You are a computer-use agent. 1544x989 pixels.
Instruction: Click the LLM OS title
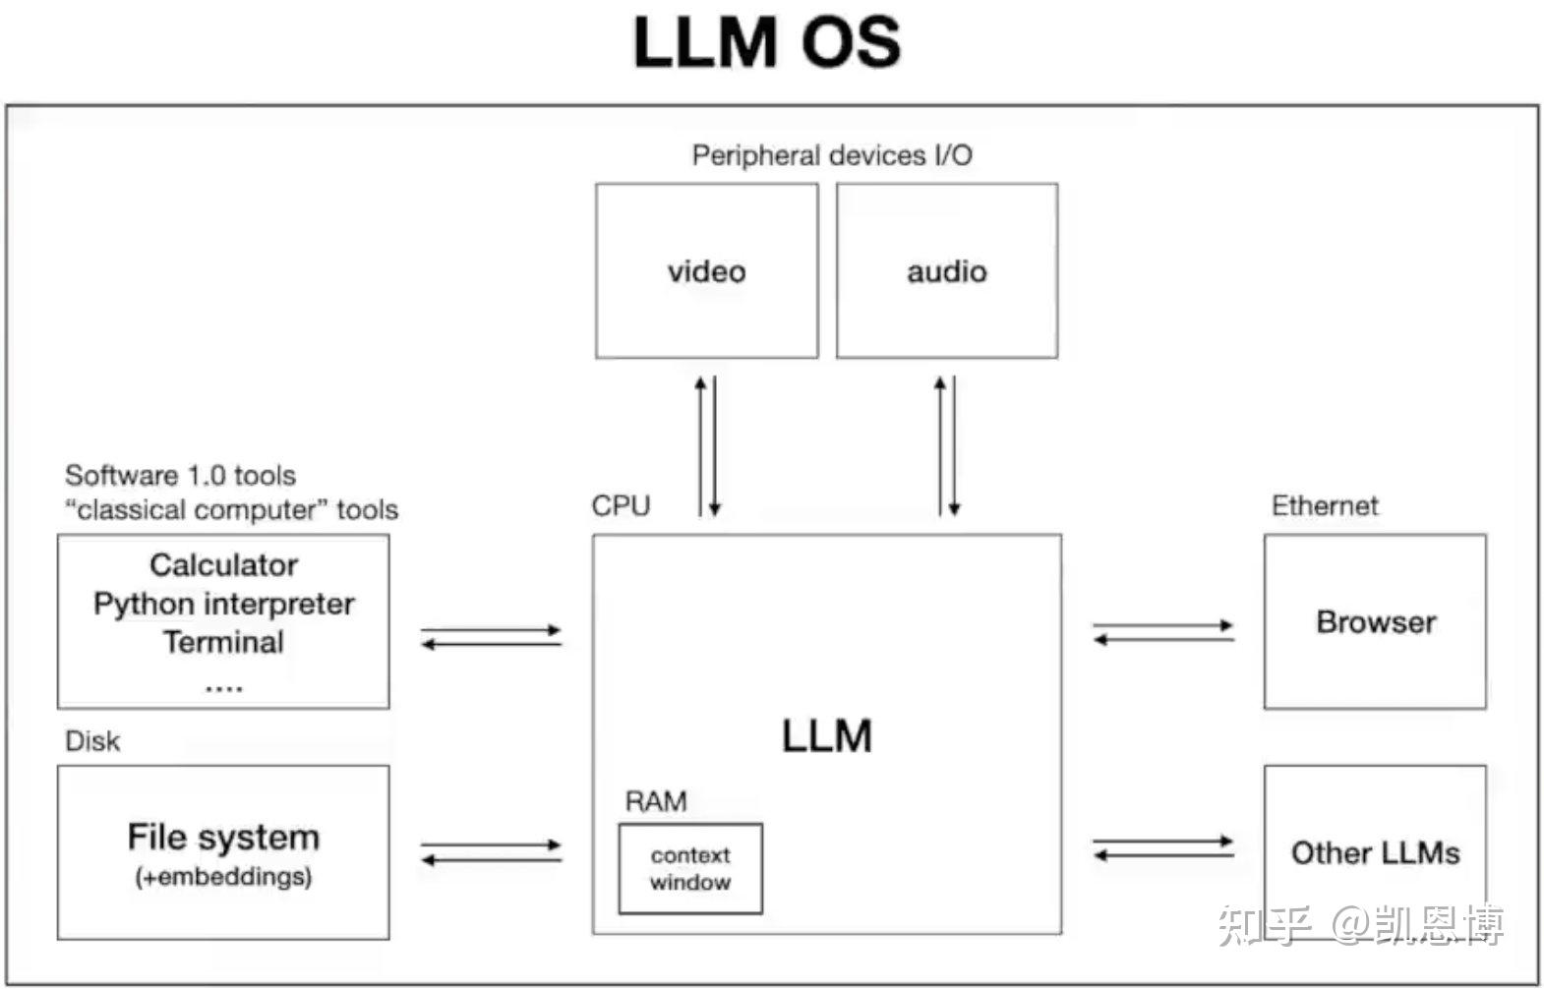[x=766, y=43]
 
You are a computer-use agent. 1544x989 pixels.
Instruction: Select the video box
[x=706, y=270]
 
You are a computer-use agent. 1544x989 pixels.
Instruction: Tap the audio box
[x=946, y=270]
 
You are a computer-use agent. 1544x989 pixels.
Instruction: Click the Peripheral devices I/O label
[x=831, y=155]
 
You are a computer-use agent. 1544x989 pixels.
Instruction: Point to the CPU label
[x=621, y=505]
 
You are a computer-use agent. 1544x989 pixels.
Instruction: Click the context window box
[x=689, y=868]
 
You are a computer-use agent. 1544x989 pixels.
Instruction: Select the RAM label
[x=655, y=801]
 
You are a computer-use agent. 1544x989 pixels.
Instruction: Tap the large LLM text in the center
[x=826, y=735]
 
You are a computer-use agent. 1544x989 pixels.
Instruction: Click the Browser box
[x=1374, y=621]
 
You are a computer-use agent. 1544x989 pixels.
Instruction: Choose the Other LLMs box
[x=1374, y=851]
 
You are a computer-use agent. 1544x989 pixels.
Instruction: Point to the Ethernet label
[x=1324, y=505]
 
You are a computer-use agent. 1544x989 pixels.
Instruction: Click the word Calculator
[x=223, y=564]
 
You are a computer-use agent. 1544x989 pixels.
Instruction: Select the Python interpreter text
[x=223, y=603]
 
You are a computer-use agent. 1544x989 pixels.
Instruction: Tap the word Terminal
[x=223, y=642]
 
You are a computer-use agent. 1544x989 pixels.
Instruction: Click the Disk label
[x=92, y=740]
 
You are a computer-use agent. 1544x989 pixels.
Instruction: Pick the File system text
[x=223, y=837]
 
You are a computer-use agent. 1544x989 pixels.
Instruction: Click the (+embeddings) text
[x=223, y=876]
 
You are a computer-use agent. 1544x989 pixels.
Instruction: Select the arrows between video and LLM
[x=707, y=445]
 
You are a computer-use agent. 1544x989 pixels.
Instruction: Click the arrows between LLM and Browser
[x=1163, y=632]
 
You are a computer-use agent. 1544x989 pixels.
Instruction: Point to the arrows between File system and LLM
[x=491, y=851]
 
